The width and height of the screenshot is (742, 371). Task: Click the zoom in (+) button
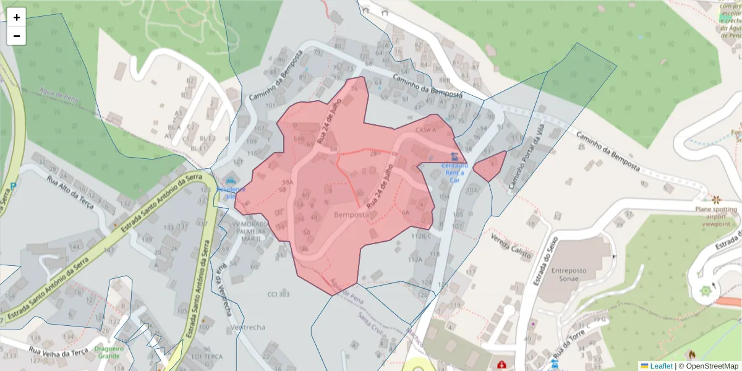17,17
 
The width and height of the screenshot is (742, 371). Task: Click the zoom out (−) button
17,36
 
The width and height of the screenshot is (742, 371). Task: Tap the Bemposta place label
351,215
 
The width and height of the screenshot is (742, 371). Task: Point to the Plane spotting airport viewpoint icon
716,199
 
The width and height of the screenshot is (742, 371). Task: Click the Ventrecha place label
247,327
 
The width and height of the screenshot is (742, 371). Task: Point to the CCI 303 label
278,294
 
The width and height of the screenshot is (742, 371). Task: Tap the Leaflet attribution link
656,366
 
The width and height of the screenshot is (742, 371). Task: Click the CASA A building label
426,130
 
